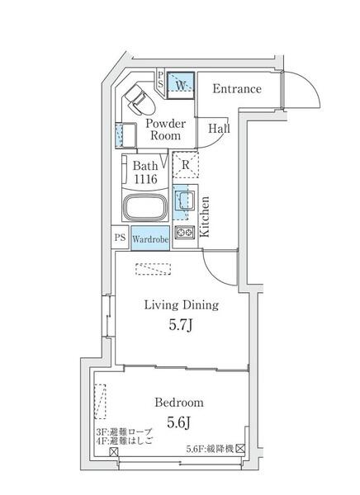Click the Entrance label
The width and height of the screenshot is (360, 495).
(237, 89)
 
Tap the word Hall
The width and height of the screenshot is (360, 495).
(219, 128)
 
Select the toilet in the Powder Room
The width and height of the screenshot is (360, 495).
(140, 100)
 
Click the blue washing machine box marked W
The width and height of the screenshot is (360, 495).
(181, 85)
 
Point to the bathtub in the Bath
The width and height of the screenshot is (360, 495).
(145, 207)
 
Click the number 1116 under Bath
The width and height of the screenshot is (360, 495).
(145, 179)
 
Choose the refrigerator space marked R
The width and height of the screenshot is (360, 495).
(186, 165)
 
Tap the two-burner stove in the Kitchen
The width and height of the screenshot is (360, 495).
(185, 233)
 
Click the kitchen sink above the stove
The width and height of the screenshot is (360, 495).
(185, 201)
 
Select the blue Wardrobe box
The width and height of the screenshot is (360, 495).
(150, 238)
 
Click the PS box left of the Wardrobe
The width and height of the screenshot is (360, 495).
(120, 238)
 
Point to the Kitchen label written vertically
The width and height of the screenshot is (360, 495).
(205, 216)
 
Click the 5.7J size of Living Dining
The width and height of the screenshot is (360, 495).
(180, 325)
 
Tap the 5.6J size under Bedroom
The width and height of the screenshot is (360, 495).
(178, 422)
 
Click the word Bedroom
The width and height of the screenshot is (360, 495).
(179, 403)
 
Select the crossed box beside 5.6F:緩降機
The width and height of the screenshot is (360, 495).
(241, 448)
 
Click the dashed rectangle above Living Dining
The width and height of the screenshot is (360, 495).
(154, 269)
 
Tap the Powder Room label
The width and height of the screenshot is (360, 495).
(165, 130)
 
